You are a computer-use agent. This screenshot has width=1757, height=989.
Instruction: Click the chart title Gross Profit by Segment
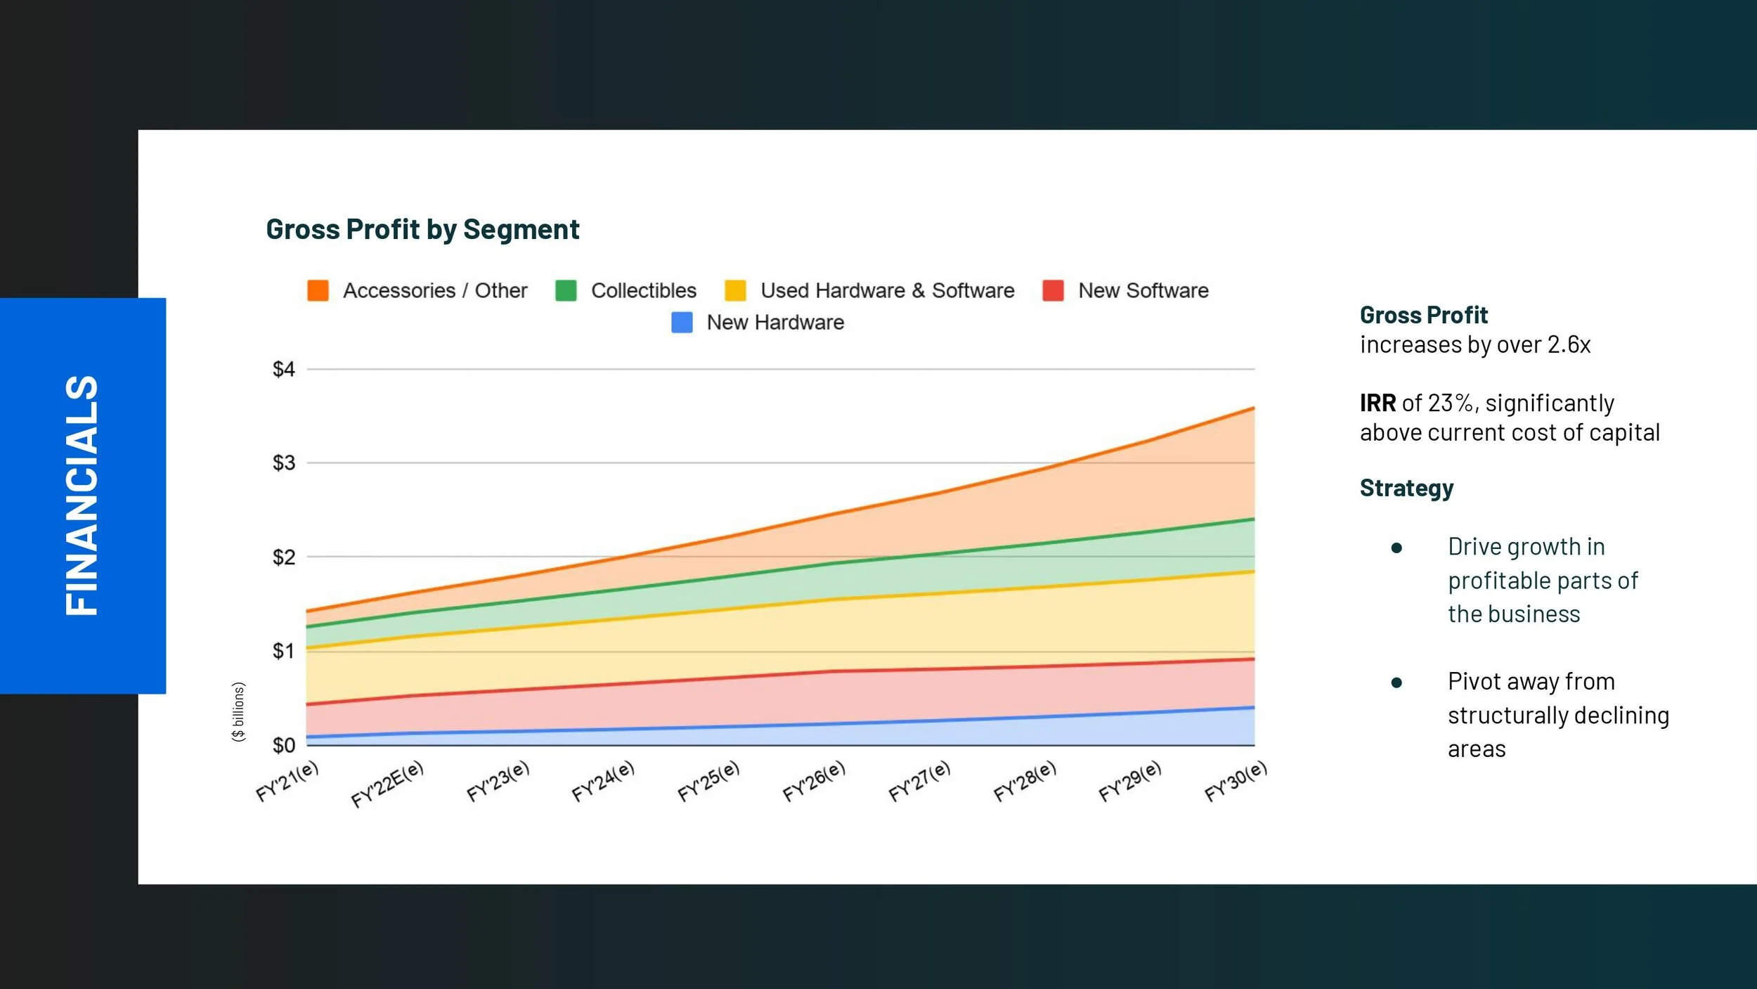(422, 229)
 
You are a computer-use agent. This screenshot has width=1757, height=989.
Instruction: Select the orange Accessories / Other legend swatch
(318, 290)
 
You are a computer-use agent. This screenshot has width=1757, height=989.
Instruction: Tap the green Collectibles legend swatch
(566, 290)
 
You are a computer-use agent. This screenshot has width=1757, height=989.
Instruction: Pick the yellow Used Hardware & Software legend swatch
(735, 290)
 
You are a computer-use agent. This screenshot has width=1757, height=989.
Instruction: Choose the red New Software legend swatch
(1053, 290)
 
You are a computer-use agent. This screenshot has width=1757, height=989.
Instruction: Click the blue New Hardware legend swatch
(682, 323)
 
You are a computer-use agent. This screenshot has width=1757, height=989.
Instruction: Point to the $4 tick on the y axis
(284, 369)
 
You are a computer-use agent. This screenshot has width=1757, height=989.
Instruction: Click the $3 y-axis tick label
(284, 463)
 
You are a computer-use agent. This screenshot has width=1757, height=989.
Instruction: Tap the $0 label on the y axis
(284, 745)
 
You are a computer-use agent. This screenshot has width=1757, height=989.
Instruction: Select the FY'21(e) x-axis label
(287, 781)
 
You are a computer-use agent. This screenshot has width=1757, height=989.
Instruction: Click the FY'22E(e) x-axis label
(388, 784)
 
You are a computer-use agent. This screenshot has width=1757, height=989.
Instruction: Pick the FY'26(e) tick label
(814, 781)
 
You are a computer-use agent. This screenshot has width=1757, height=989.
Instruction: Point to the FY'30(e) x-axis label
(1236, 781)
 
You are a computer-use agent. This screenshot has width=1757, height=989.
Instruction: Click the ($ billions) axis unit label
(239, 711)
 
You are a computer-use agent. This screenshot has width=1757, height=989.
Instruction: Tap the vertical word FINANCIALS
(82, 496)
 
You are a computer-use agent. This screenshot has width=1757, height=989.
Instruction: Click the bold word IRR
(1377, 403)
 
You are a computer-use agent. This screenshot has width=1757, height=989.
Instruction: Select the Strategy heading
(1406, 488)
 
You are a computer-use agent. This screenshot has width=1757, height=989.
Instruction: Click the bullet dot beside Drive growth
(1396, 548)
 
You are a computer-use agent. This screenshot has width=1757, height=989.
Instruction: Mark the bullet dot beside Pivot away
(1396, 683)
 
